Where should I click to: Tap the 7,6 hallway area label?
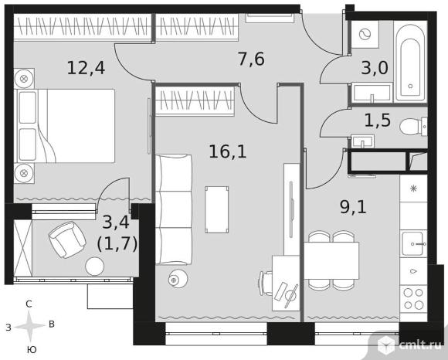tap(252, 59)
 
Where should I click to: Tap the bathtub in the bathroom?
tap(411, 62)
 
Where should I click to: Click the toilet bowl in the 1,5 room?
tap(414, 126)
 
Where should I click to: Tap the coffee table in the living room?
tap(216, 209)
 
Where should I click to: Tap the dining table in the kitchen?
tap(331, 260)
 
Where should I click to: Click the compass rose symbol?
tap(29, 327)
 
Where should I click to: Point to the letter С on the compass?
tap(29, 305)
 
